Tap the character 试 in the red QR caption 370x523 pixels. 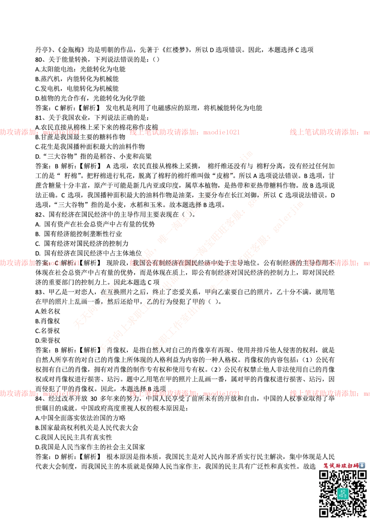333,465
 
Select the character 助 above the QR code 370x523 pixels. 339,465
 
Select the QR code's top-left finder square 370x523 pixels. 324,475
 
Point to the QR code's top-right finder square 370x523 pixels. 361,475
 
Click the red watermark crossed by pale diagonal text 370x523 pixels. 184,263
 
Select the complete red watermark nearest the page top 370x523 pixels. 184,132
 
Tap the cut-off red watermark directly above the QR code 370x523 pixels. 329,393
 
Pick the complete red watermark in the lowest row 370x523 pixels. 184,394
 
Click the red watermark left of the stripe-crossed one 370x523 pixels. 40,263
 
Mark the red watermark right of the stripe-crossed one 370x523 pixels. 329,263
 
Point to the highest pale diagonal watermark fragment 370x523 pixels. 207,196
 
